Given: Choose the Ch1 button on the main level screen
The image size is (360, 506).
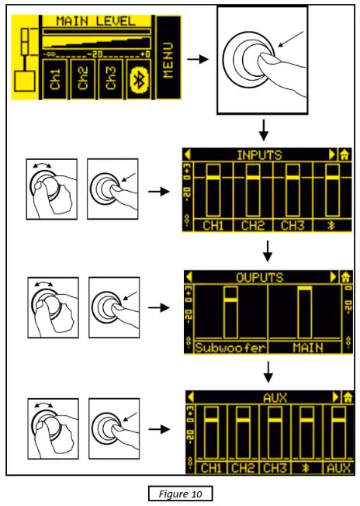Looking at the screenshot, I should (55, 81).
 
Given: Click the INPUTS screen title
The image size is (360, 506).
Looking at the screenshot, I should (260, 154).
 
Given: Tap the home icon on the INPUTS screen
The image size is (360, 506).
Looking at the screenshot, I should (344, 154).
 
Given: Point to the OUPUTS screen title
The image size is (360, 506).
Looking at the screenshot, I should (260, 276).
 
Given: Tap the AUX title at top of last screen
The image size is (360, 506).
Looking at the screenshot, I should (260, 397).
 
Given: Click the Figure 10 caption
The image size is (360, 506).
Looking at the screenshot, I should (179, 492).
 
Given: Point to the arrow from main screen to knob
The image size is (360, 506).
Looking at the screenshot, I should (199, 58).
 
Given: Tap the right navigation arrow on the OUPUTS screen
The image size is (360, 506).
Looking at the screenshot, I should (334, 276).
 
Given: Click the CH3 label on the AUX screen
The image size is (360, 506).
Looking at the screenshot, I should (274, 468).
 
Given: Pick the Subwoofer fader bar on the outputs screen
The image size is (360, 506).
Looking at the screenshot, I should (230, 310).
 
